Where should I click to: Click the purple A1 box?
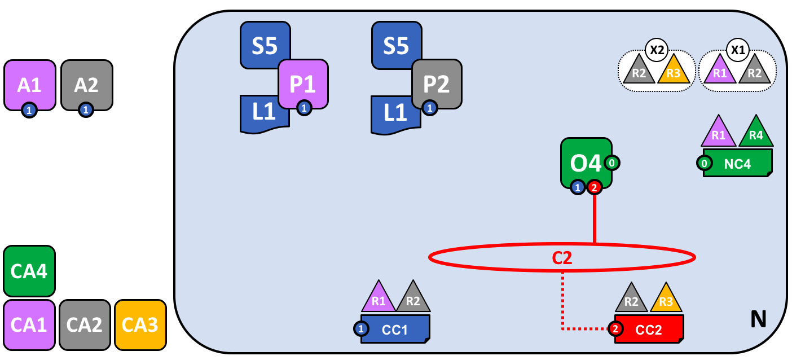point(29,85)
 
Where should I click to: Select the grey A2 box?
point(86,85)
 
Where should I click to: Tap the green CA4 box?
point(29,271)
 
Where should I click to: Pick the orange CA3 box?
point(140,324)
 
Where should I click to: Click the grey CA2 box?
point(85,324)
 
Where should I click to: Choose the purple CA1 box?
point(29,324)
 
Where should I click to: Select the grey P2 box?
point(437,84)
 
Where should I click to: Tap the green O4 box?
point(586,163)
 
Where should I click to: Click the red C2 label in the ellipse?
point(562,258)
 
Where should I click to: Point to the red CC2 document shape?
point(649,329)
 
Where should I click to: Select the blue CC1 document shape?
point(395,329)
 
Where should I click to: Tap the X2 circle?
point(657,49)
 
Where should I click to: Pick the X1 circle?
point(737,49)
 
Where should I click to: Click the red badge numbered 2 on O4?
point(594,187)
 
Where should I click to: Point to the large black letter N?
point(758,320)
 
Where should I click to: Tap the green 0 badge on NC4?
point(704,164)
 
